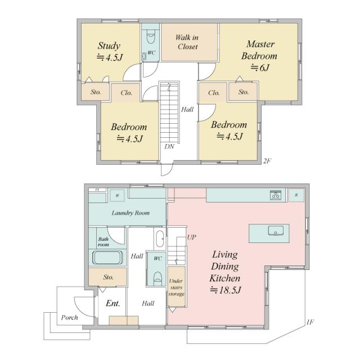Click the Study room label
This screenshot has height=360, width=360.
(109, 46)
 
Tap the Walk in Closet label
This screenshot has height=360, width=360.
(187, 42)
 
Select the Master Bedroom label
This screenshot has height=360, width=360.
(259, 50)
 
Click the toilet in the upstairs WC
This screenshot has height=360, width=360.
(151, 38)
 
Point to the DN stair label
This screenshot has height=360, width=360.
(169, 146)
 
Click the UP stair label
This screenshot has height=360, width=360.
(191, 237)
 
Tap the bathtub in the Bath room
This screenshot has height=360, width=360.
(107, 258)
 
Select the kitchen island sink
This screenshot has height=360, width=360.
(276, 231)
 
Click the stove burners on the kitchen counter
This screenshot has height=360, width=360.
(275, 195)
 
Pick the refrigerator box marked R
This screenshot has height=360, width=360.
(296, 195)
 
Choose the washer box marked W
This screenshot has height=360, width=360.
(118, 196)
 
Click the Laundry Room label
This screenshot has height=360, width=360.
(130, 213)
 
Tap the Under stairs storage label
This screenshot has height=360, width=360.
(176, 287)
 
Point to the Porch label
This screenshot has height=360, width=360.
(69, 317)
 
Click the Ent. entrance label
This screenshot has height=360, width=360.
(113, 304)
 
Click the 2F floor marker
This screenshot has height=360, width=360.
(267, 161)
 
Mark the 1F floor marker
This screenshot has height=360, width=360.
(310, 322)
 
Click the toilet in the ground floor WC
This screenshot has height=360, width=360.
(157, 277)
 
